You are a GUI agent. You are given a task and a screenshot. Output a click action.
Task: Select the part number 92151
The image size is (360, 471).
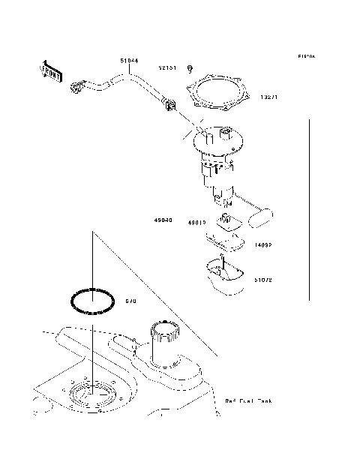(x=167, y=67)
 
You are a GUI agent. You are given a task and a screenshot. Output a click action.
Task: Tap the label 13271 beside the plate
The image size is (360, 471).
(x=270, y=96)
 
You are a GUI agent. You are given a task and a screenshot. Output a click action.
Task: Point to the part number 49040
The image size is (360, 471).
(x=163, y=221)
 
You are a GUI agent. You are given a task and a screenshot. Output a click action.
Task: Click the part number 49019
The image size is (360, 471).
(x=197, y=223)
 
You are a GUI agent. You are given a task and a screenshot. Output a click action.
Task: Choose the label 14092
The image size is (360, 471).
(x=262, y=244)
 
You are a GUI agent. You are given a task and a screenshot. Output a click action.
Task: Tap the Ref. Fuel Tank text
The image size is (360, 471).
(x=248, y=401)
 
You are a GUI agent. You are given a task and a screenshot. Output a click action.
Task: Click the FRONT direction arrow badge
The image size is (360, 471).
(x=50, y=70)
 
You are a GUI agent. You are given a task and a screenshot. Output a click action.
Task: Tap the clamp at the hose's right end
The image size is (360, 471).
(x=168, y=106)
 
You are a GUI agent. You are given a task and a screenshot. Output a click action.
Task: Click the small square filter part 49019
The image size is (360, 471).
(x=226, y=220)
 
